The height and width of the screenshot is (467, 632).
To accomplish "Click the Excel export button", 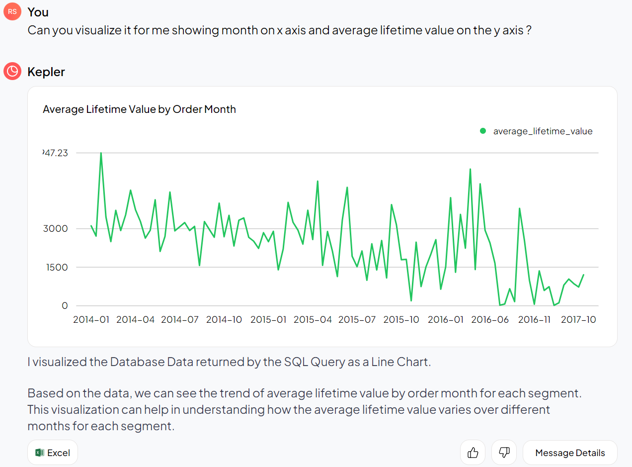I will [53, 453].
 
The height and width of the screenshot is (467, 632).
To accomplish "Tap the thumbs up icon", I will [473, 453].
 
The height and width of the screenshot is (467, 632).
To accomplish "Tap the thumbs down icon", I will [504, 453].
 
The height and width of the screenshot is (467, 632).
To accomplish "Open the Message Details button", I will [570, 453].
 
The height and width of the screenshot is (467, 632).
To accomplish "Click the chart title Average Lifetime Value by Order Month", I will [139, 109].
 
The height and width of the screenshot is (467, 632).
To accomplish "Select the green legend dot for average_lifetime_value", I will [482, 131].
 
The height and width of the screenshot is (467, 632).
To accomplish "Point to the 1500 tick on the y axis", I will [57, 267].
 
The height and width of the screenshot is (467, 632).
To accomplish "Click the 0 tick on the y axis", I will [65, 305].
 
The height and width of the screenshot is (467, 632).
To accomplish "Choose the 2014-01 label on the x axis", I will [91, 319].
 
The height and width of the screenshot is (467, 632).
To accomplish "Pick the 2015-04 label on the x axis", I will [313, 319].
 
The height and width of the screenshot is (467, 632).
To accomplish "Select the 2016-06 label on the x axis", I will [490, 319].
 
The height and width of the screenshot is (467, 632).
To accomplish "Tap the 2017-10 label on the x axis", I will [578, 319].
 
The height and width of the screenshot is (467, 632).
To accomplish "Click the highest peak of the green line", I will [101, 153].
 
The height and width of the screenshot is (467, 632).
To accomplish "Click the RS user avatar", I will [12, 12].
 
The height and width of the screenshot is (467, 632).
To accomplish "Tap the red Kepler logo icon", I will [12, 72].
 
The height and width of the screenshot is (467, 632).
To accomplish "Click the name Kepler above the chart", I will [46, 72].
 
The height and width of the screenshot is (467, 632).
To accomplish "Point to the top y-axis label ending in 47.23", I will [56, 153].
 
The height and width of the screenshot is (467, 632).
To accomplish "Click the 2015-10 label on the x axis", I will [401, 319].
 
